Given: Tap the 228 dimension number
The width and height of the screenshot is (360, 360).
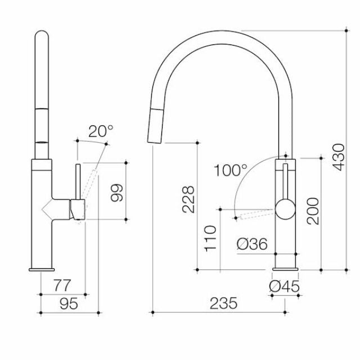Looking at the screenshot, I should (x=189, y=200).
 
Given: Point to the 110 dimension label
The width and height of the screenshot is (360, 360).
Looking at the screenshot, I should (x=211, y=238).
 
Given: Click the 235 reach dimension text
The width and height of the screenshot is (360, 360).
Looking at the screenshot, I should (x=223, y=303).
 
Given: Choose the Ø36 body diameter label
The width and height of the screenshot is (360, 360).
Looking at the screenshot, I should (x=252, y=244).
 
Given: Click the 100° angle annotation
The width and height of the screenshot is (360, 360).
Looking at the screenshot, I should (x=230, y=169).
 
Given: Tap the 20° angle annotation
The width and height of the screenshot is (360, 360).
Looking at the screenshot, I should (x=101, y=131).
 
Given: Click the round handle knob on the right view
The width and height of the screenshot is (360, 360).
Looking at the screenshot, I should (x=285, y=210).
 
